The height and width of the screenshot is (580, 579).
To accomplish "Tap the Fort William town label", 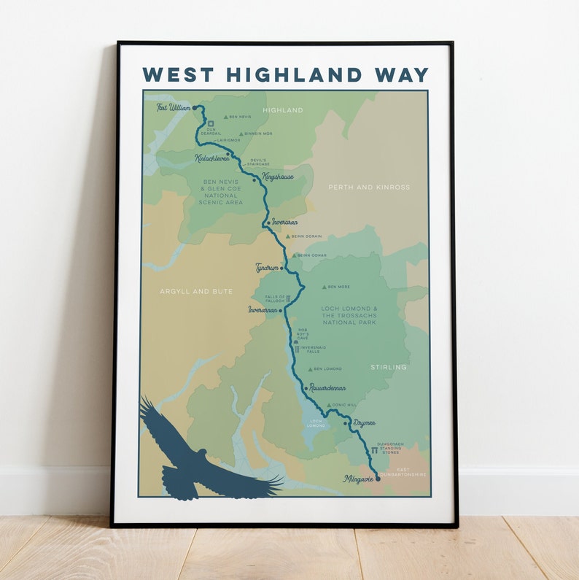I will click(x=174, y=107).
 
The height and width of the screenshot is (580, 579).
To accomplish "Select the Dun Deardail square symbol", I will click(x=211, y=123).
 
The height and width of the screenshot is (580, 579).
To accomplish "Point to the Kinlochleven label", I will click(x=211, y=157).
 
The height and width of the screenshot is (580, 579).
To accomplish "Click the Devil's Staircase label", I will click(x=258, y=162).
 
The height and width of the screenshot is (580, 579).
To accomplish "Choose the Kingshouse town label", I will click(x=276, y=177).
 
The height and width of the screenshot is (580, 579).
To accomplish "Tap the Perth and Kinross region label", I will click(x=369, y=187).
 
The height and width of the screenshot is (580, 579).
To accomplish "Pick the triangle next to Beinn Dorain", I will click(x=288, y=236).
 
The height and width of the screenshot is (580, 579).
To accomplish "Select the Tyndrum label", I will click(x=267, y=268).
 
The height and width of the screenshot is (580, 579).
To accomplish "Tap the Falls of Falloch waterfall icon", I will click(x=289, y=298).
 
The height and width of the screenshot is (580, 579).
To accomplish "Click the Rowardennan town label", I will click(x=327, y=388).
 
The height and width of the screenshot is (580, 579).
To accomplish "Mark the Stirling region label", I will click(x=389, y=367).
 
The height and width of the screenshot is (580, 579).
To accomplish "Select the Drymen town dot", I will click(x=346, y=422).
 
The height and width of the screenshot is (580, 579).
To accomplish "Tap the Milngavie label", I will click(x=358, y=479).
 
